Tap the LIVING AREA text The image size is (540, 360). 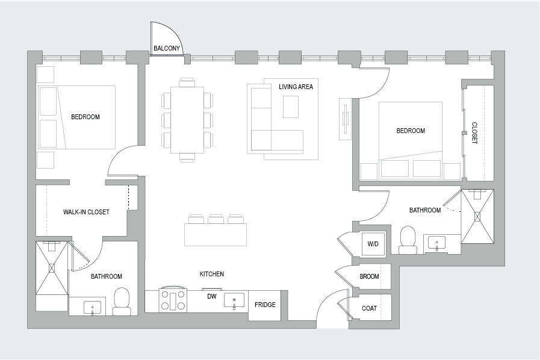(x=296, y=87)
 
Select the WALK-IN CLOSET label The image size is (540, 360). (x=86, y=212)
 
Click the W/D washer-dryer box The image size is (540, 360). (x=373, y=244)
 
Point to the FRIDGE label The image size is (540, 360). (x=265, y=305)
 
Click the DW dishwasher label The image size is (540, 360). (x=211, y=296)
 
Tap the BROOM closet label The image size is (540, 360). (x=369, y=277)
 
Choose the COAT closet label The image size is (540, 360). (x=369, y=308)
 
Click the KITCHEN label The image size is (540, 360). (x=212, y=274)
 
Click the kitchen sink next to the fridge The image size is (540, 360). (x=234, y=300)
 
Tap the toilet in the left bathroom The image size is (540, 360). (x=122, y=302)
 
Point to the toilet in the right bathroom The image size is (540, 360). (x=408, y=240)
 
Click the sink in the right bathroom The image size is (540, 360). (x=436, y=244)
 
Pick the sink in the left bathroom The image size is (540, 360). (x=92, y=307)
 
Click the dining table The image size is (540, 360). (x=187, y=120)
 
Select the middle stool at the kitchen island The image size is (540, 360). (x=216, y=219)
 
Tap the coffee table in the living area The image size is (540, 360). (x=291, y=107)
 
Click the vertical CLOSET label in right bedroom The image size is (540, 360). (x=474, y=133)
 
